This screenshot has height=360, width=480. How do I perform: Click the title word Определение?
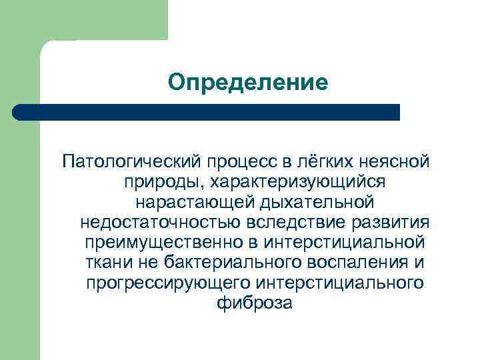248,82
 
